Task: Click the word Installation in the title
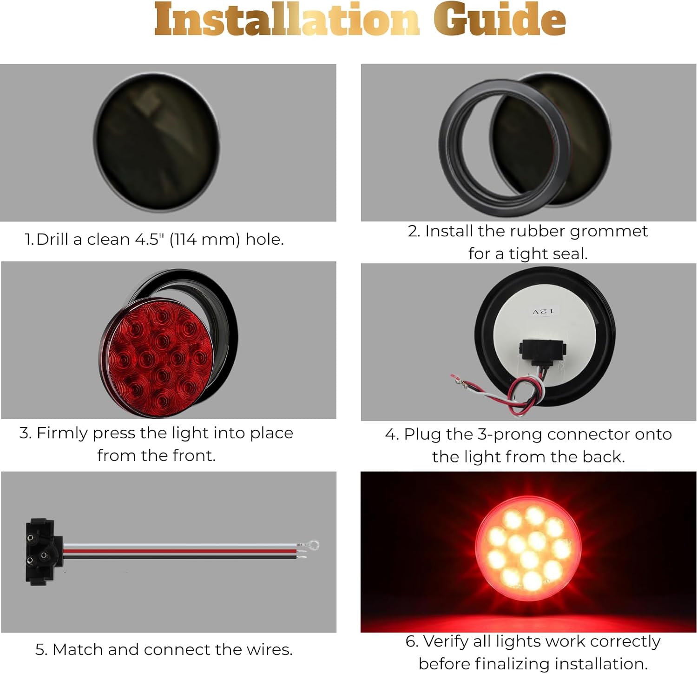point(287,20)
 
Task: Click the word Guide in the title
point(500,20)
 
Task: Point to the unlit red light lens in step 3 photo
point(157,357)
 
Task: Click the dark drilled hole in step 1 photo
point(157,141)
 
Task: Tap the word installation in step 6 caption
point(601,664)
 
